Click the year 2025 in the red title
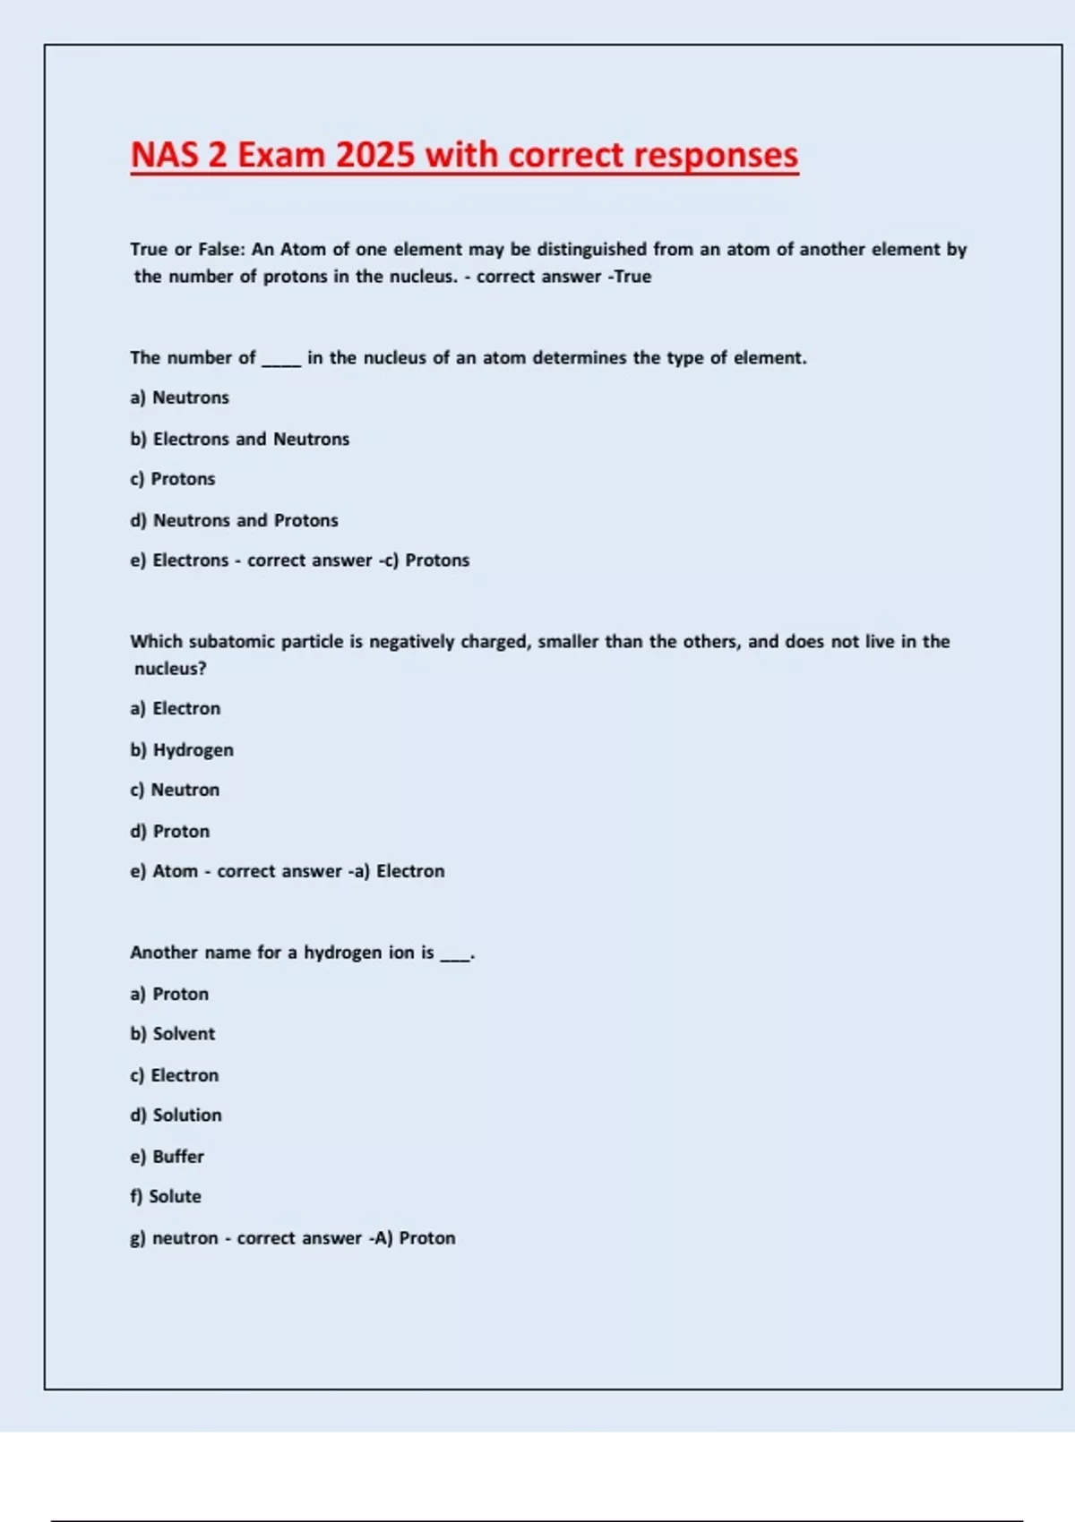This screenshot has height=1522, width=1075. pyautogui.click(x=376, y=155)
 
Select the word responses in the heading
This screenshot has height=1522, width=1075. pyautogui.click(x=709, y=155)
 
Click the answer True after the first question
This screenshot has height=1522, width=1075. pyautogui.click(x=632, y=277)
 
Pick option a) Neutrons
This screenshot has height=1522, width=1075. pyautogui.click(x=179, y=398)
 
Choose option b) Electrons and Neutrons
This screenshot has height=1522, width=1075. pyautogui.click(x=239, y=439)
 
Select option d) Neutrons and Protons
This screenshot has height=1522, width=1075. pyautogui.click(x=234, y=520)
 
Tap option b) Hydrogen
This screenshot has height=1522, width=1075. pyautogui.click(x=182, y=749)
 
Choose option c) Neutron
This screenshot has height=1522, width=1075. pyautogui.click(x=175, y=790)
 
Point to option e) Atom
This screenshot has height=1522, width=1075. pyautogui.click(x=164, y=871)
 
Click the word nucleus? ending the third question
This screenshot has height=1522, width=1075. pyautogui.click(x=170, y=669)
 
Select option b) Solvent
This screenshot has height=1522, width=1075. pyautogui.click(x=173, y=1034)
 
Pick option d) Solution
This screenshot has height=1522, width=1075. pyautogui.click(x=176, y=1116)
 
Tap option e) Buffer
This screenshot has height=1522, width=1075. pyautogui.click(x=167, y=1157)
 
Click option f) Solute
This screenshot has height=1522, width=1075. pyautogui.click(x=166, y=1197)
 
